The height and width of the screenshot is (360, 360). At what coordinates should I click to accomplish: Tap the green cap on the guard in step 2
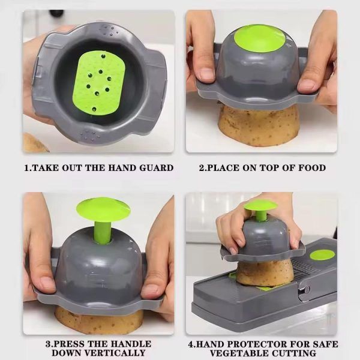point(259,38)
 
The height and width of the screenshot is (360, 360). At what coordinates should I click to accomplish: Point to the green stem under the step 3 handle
point(103,231)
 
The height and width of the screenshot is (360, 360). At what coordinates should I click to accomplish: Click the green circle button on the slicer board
point(322,254)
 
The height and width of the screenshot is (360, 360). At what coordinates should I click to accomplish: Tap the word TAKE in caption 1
point(44,169)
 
